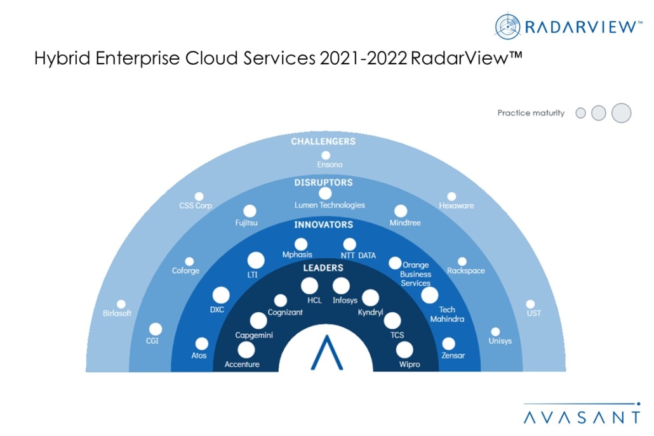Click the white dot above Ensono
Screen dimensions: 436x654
(326, 155)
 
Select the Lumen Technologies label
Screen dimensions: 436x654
(330, 205)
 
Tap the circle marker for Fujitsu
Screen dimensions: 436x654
(250, 211)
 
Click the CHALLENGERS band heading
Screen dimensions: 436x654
(323, 141)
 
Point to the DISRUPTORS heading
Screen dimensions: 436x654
(323, 183)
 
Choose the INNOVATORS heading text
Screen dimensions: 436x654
(323, 225)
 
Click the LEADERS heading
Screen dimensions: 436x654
(323, 268)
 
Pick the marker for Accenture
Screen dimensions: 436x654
(246, 350)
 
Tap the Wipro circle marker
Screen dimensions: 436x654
(404, 349)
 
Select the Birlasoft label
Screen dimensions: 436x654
(117, 314)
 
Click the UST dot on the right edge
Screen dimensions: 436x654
(530, 304)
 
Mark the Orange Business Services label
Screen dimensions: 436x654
(416, 274)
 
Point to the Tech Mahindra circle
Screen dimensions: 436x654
(430, 295)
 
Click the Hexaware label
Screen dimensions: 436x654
(457, 206)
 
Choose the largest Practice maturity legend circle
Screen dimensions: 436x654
(622, 113)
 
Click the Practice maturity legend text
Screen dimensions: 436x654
(531, 113)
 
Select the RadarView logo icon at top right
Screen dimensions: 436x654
(509, 26)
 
